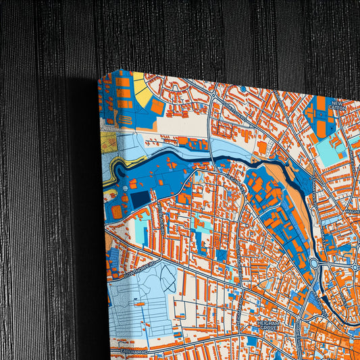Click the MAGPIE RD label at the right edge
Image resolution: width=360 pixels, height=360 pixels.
[353, 211]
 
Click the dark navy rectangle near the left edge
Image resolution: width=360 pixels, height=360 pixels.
[140, 199]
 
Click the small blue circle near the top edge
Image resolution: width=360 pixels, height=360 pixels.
[242, 88]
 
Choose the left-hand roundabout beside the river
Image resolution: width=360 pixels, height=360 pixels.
[314, 263]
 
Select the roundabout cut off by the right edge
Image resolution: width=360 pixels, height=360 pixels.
[356, 267]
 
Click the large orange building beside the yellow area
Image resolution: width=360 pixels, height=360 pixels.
[157, 107]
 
